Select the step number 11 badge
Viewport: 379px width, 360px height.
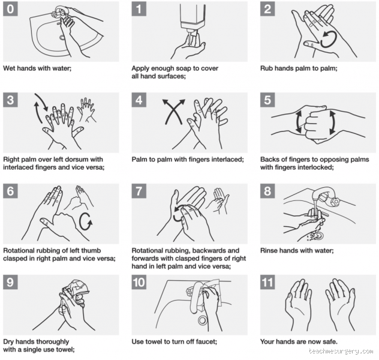point(270,283)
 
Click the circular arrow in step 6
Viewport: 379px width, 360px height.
point(86,221)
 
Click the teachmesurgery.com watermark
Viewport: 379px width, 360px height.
point(342,352)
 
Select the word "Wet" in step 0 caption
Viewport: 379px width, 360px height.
point(10,68)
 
